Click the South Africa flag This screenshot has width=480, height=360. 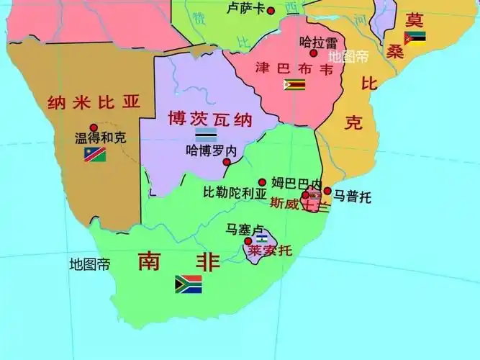[x=188, y=284]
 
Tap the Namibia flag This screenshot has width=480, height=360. [x=95, y=153]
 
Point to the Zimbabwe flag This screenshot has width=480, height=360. [x=294, y=85]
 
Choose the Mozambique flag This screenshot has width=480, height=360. [x=415, y=37]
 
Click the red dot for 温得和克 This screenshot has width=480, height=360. [x=94, y=127]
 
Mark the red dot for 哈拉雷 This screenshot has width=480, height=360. [x=314, y=53]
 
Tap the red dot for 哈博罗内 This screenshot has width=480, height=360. [x=227, y=162]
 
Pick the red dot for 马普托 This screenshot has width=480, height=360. [x=327, y=192]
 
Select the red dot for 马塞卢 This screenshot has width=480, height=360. [x=248, y=240]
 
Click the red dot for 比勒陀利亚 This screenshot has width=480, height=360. [x=263, y=182]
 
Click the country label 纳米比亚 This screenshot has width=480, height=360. [x=93, y=102]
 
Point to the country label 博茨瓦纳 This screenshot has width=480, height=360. [x=199, y=117]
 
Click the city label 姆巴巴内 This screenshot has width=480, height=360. [x=296, y=181]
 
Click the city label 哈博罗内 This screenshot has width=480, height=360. [x=210, y=151]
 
